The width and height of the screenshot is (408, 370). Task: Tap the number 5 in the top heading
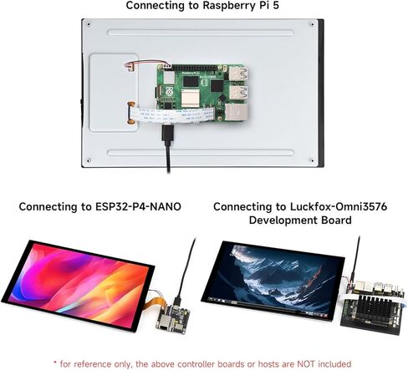point(276,5)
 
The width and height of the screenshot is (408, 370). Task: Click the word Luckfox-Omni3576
point(339,207)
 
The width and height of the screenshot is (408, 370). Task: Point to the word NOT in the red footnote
point(306,364)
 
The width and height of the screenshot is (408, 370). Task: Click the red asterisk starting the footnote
point(55,363)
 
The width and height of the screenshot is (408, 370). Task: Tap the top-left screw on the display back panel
point(89,24)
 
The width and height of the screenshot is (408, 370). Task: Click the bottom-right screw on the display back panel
point(312,160)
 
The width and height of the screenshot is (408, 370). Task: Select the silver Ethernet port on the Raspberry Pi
point(236,112)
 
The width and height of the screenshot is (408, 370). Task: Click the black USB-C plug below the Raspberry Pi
point(167,133)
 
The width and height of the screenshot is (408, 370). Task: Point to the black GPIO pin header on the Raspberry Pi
point(194,68)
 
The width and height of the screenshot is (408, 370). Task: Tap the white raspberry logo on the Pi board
point(168,91)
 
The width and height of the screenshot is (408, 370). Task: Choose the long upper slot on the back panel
point(201,33)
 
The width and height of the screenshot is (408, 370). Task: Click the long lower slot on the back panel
point(201,153)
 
